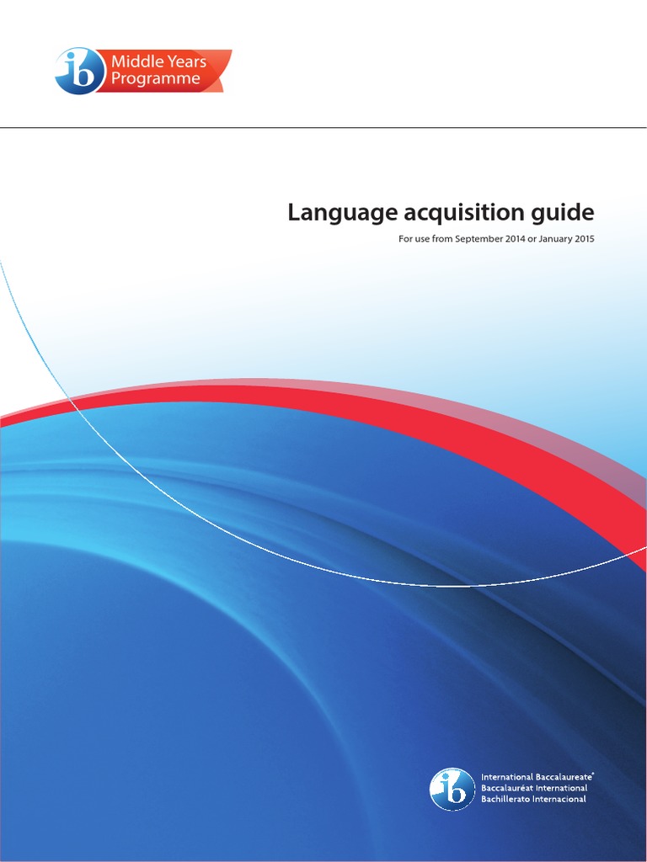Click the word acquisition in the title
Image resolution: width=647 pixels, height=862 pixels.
tap(445, 212)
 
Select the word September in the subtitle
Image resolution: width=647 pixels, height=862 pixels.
tap(482, 239)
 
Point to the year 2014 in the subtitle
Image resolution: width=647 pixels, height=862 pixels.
tap(522, 239)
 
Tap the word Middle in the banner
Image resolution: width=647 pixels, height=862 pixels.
tap(131, 62)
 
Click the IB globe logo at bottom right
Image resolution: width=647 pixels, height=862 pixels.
tap(452, 789)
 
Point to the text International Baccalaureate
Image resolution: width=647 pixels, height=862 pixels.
tap(537, 777)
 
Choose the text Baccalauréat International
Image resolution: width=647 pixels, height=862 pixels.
tap(534, 788)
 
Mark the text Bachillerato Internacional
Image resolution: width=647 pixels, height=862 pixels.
tap(533, 799)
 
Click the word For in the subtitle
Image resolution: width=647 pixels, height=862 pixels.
tap(405, 239)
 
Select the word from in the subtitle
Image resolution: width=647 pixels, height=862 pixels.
tap(443, 239)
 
